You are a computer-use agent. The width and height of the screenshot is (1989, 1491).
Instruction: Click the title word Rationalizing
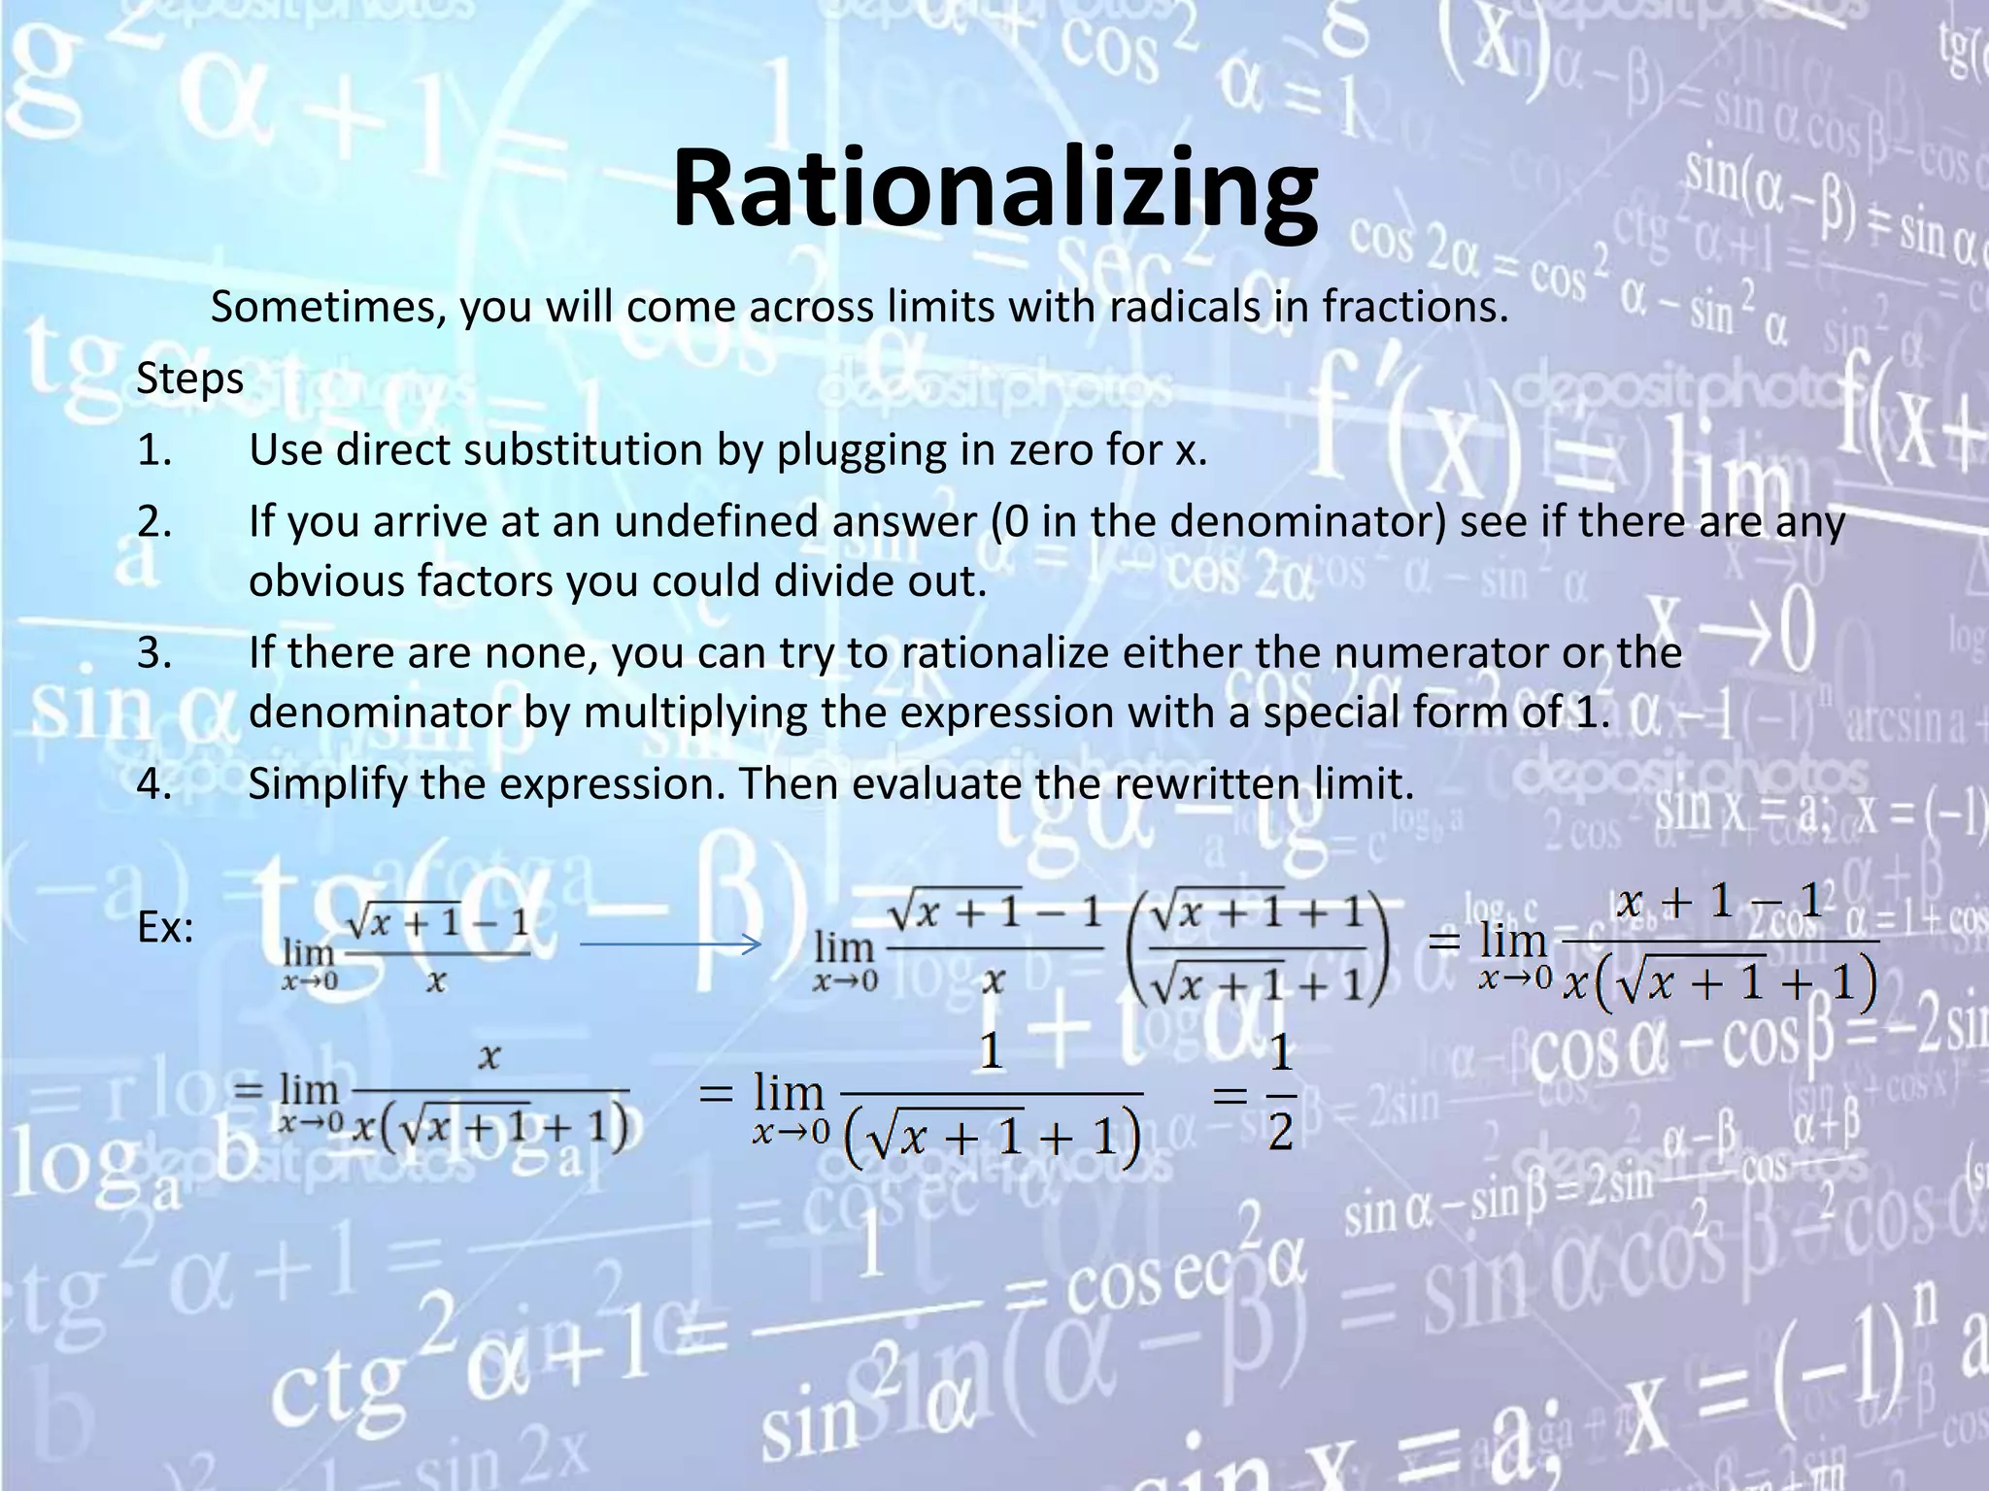[994, 189]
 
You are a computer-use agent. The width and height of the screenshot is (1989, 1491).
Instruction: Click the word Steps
[189, 379]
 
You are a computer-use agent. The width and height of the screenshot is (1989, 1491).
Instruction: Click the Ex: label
[165, 928]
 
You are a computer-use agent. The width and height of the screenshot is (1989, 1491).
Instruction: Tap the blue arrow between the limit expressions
[670, 944]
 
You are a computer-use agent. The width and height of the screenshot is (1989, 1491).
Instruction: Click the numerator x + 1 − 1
[1720, 902]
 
